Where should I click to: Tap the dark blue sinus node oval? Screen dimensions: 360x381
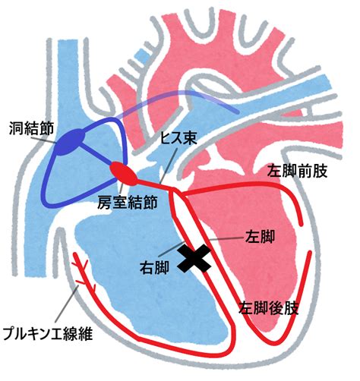[69, 142]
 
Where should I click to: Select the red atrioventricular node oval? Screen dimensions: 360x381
[124, 173]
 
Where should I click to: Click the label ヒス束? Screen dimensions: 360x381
[178, 138]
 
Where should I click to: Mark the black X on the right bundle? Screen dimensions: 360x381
[194, 259]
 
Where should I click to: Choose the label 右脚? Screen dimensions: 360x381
[154, 267]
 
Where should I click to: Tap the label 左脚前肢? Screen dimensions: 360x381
[298, 171]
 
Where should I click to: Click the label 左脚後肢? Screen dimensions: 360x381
[269, 308]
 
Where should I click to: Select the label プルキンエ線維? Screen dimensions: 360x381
[48, 335]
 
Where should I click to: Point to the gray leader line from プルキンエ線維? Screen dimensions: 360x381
[68, 305]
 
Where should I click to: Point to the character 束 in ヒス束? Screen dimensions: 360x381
[190, 138]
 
